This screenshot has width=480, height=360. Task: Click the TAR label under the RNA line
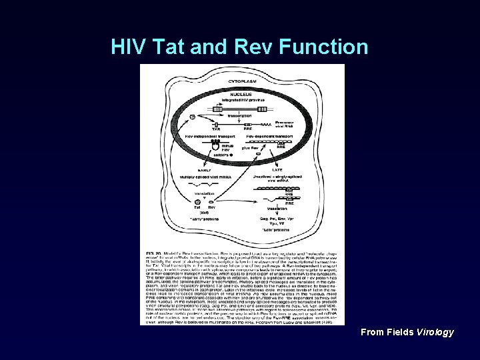pos(215,129)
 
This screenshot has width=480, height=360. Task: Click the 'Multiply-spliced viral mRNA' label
pos(203,177)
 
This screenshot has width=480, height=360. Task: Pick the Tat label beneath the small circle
pos(197,207)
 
